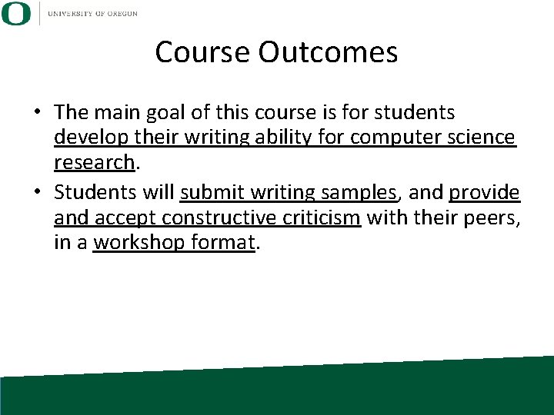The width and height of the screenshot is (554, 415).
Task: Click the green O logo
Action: (16, 14)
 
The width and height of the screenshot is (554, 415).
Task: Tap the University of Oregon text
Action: (92, 14)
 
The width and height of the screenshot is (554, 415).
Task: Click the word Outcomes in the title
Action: (329, 52)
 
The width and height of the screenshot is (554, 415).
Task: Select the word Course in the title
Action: (203, 52)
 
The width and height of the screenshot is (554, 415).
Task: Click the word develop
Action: (87, 138)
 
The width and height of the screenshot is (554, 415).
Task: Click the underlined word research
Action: (94, 162)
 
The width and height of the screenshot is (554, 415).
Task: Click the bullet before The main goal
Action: (36, 113)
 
